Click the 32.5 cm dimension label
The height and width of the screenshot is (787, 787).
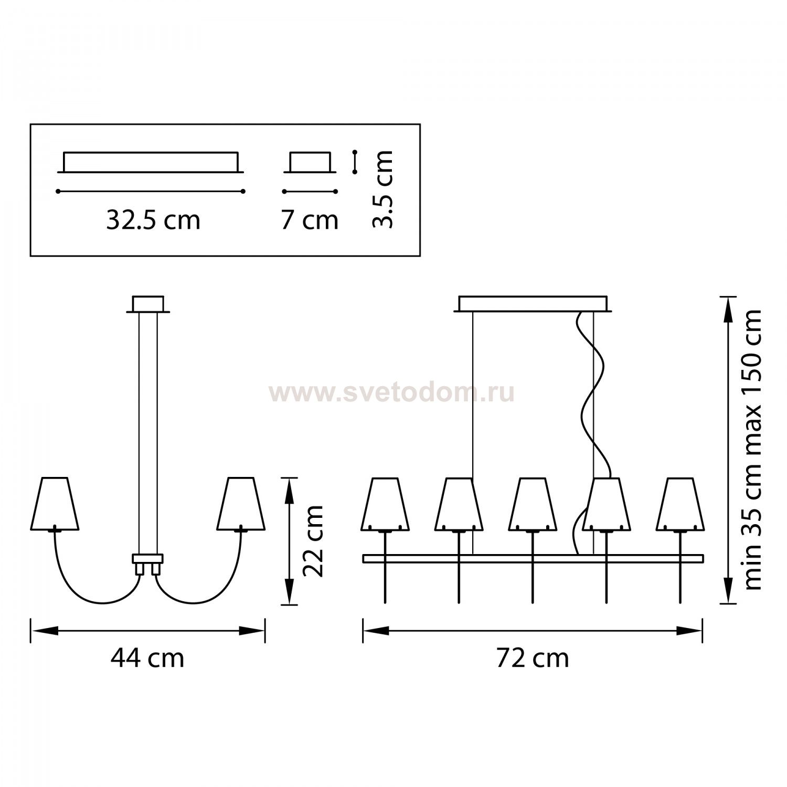click(x=153, y=220)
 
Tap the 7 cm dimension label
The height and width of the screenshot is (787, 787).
click(x=310, y=220)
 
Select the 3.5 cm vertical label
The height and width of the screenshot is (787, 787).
click(x=382, y=189)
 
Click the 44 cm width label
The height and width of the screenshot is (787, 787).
click(x=147, y=658)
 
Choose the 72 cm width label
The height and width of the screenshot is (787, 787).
click(x=533, y=658)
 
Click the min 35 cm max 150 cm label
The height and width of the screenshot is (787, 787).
click(x=752, y=449)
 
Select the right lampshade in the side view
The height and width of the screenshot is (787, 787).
click(x=241, y=504)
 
